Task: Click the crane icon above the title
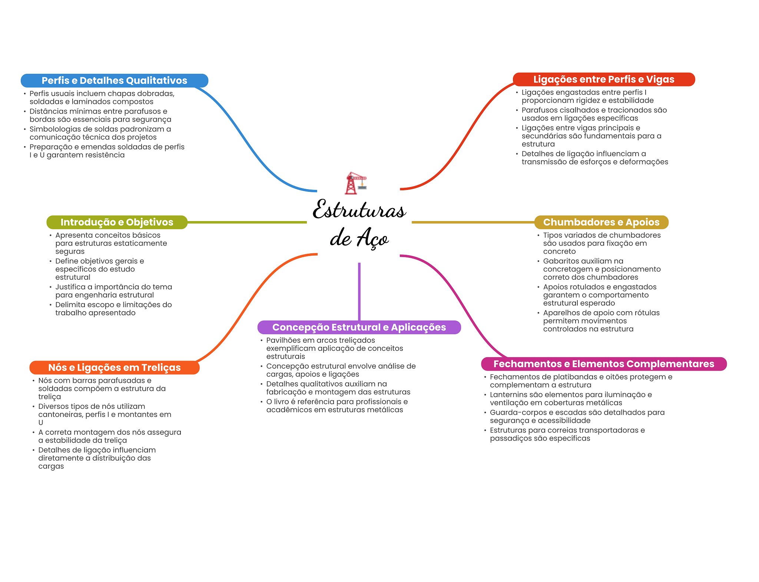click(355, 183)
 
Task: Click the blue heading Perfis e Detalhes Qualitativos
click(114, 80)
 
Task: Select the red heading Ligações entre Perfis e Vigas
click(603, 79)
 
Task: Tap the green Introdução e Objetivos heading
click(117, 222)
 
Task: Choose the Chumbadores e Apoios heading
click(601, 222)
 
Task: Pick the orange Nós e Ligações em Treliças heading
click(114, 368)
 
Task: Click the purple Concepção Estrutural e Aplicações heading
click(359, 327)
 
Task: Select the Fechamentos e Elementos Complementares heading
click(603, 364)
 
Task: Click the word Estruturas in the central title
click(359, 210)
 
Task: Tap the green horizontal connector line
click(247, 222)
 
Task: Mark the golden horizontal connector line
click(473, 222)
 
